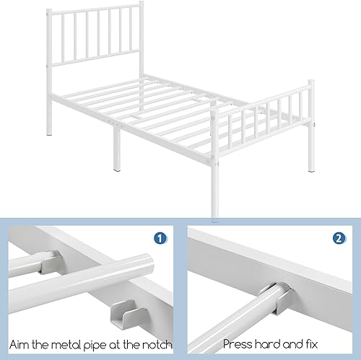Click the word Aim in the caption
pyautogui.click(x=19, y=344)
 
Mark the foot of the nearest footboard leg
pyautogui.click(x=215, y=214)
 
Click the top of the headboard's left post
pyautogui.click(x=49, y=10)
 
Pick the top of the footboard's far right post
pyautogui.click(x=312, y=82)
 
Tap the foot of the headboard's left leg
pyautogui.click(x=50, y=134)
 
